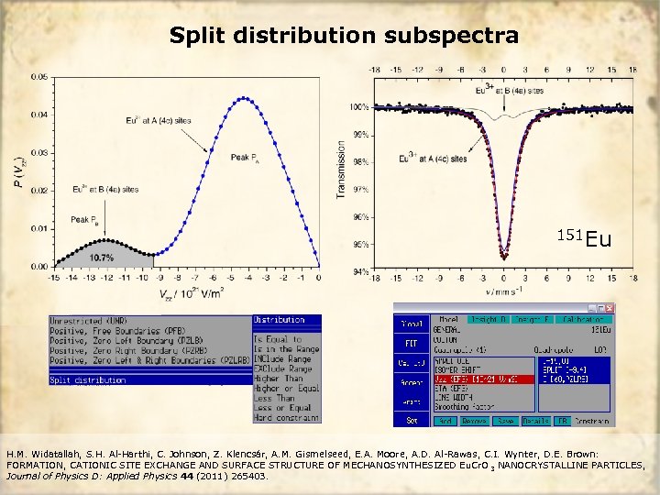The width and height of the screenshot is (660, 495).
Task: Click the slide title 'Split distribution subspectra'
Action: click(x=344, y=36)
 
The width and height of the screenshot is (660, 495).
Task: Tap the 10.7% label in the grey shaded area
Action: click(x=101, y=258)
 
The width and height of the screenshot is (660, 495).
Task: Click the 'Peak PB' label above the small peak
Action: click(x=81, y=220)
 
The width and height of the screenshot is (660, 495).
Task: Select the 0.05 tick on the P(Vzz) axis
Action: click(x=39, y=77)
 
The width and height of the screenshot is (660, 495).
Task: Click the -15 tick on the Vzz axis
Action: click(x=54, y=276)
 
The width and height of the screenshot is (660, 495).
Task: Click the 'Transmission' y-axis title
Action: click(x=341, y=170)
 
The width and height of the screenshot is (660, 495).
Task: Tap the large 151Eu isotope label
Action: click(x=584, y=239)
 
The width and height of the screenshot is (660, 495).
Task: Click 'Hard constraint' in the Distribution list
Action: click(x=287, y=418)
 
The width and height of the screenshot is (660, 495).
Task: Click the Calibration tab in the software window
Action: click(x=583, y=319)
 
